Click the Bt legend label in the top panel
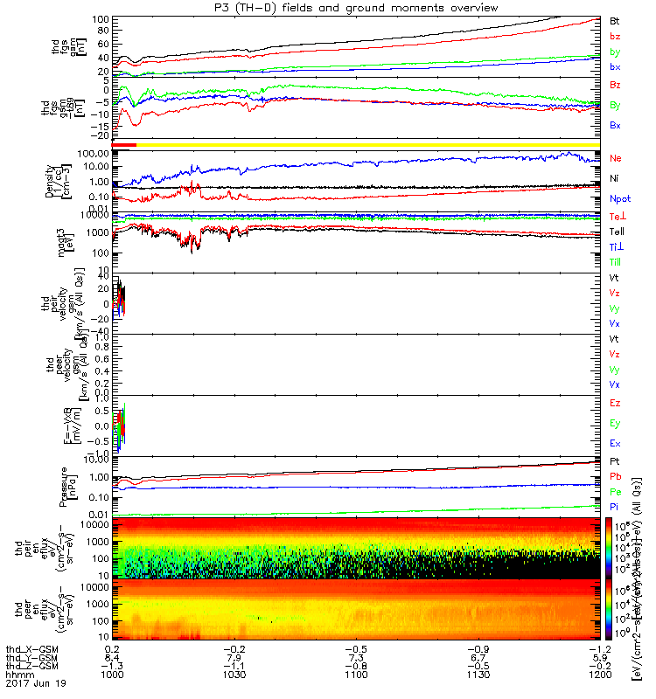pos(615,20)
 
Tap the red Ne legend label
pos(616,158)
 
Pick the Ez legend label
pos(615,403)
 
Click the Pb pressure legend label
pos(615,477)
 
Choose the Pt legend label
pos(615,461)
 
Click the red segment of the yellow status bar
pos(124,144)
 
